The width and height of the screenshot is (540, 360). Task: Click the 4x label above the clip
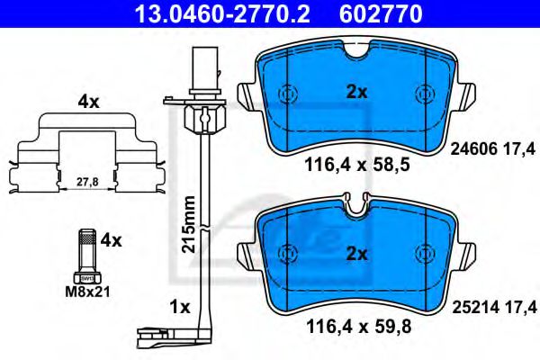pos(88,103)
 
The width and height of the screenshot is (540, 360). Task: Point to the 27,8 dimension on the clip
pos(86,181)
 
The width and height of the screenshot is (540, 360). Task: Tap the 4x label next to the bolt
pos(110,240)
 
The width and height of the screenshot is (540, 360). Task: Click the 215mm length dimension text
pos(187,224)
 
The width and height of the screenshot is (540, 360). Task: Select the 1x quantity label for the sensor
pos(180,307)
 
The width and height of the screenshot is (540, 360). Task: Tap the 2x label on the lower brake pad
pos(357,255)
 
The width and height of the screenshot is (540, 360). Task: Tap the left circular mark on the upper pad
pos(288,94)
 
